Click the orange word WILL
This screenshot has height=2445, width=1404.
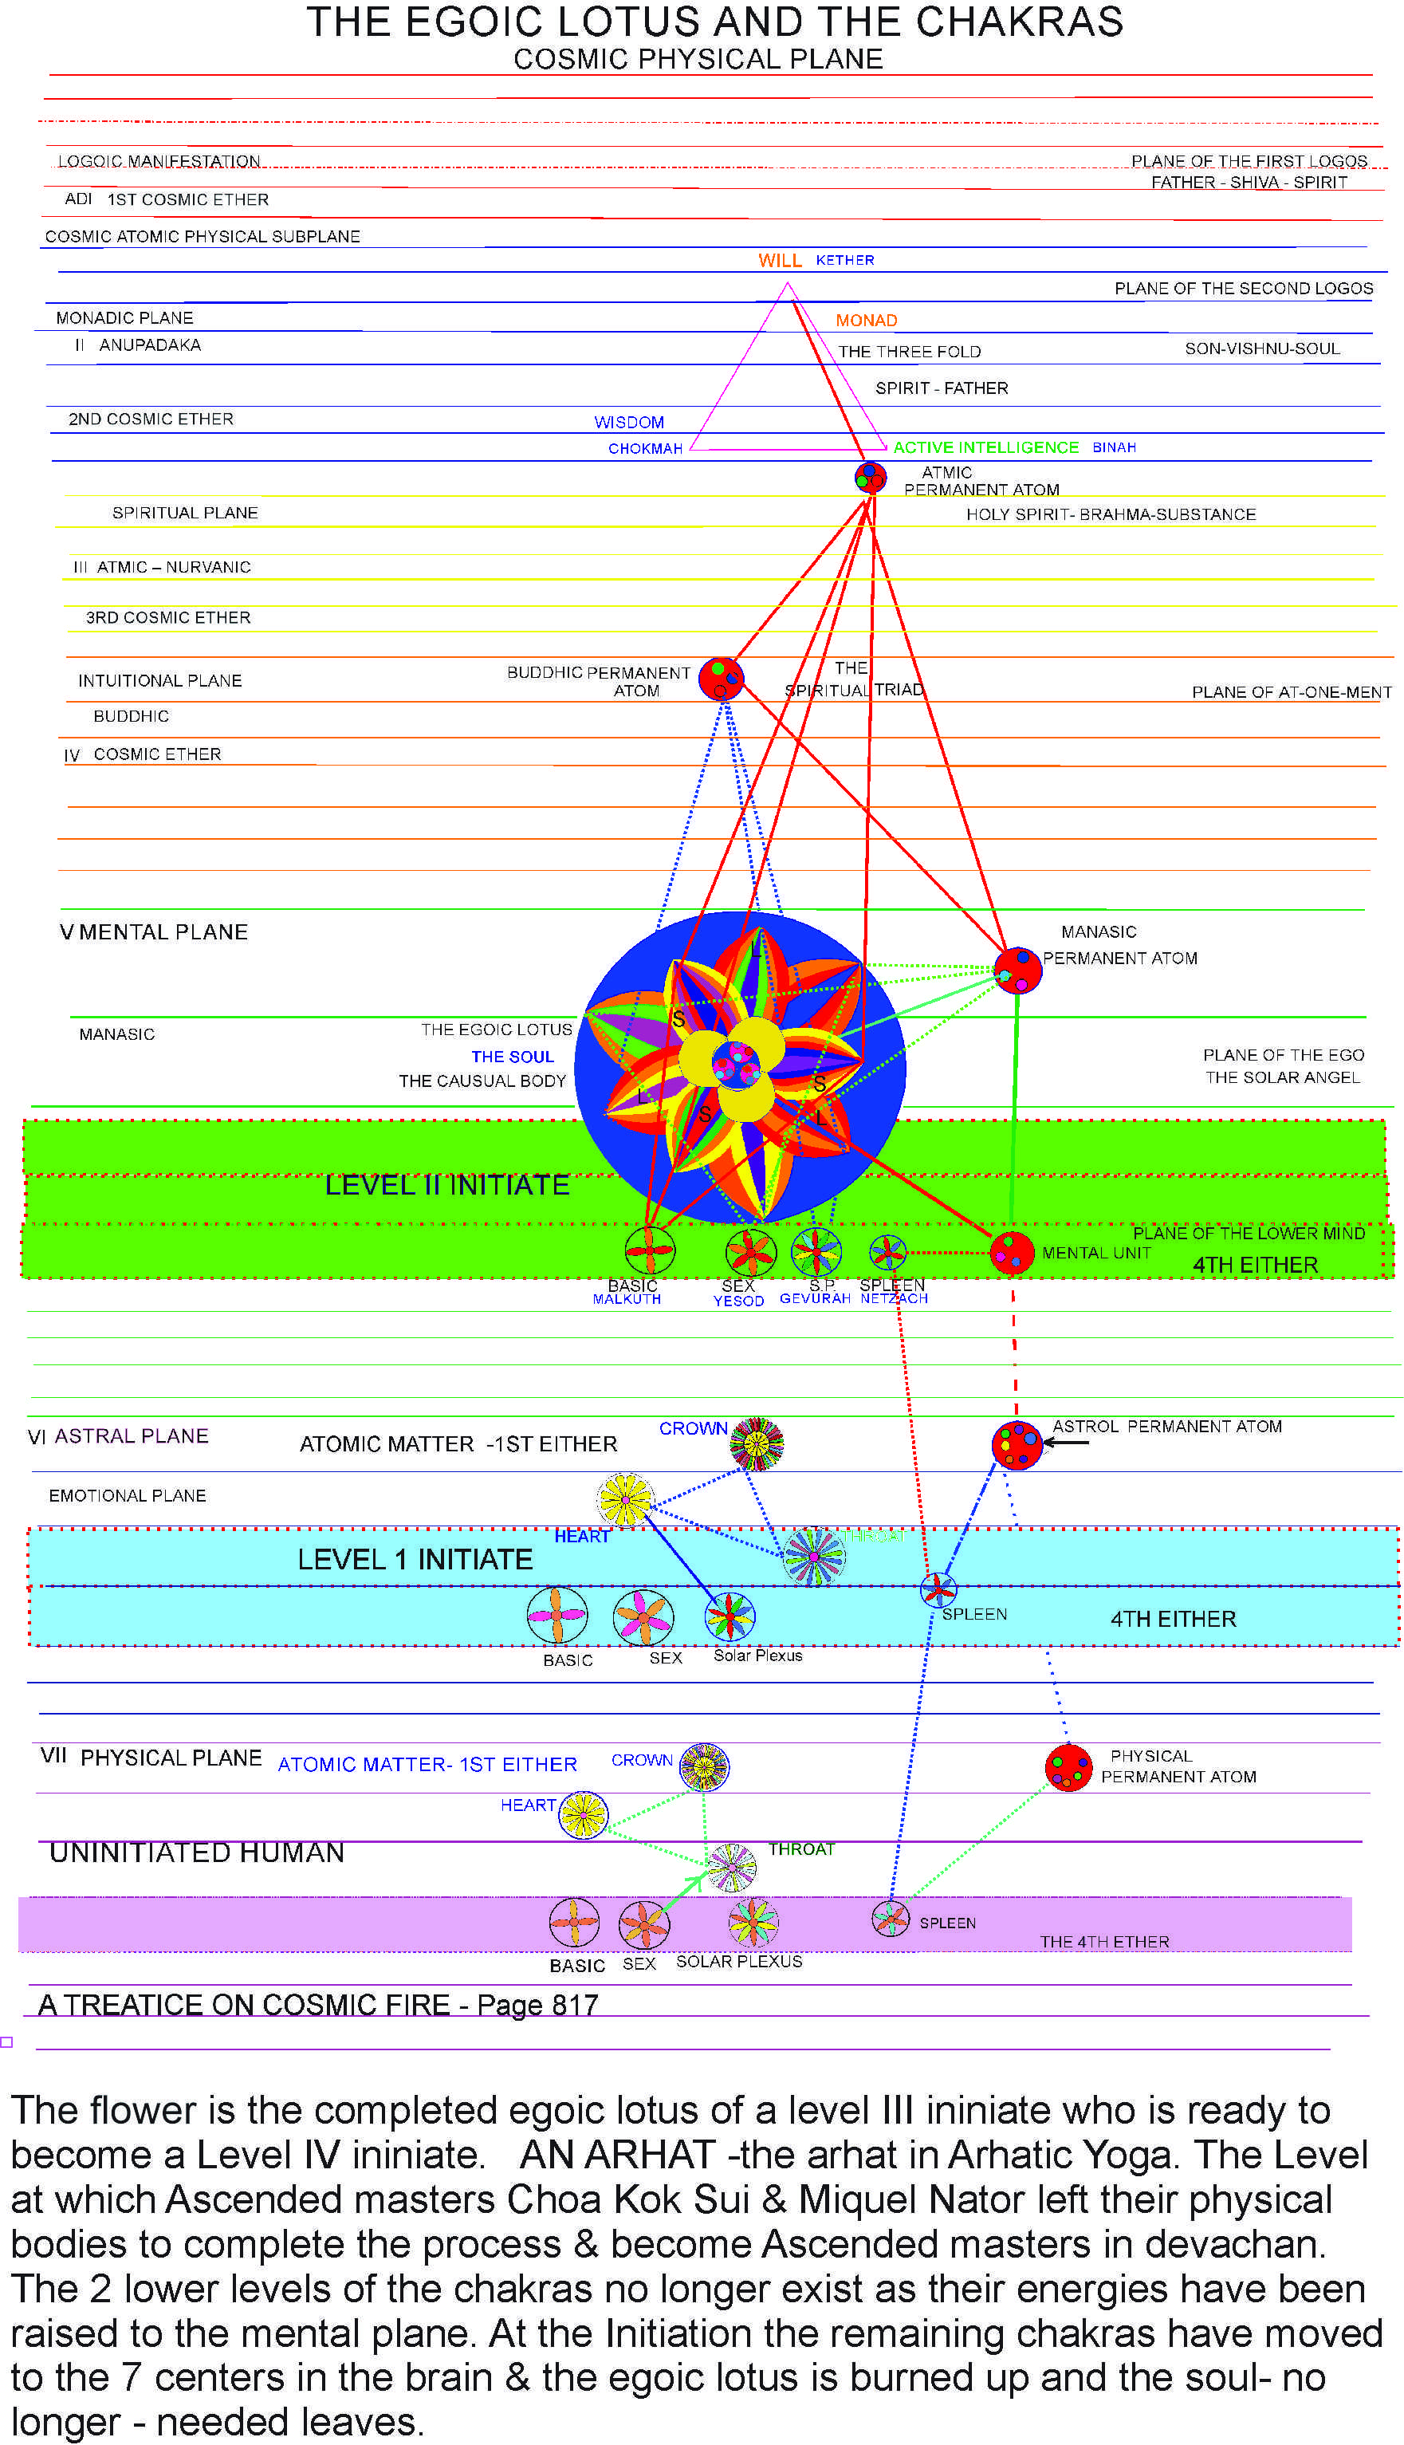(779, 261)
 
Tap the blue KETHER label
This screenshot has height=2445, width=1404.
(845, 261)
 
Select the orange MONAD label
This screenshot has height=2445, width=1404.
(866, 321)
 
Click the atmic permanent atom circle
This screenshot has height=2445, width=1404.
(871, 476)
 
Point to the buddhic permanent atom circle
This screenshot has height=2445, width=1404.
(720, 678)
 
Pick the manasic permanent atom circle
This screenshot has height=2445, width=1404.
(1017, 971)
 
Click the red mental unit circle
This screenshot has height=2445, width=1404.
(1012, 1253)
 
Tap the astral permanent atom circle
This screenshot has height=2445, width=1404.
(1017, 1445)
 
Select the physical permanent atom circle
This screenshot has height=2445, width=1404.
(1068, 1768)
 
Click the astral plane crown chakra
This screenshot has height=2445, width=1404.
(756, 1444)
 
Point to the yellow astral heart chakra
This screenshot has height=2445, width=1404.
(625, 1500)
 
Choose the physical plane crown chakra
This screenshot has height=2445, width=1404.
(704, 1767)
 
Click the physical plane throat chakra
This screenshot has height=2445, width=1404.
(732, 1868)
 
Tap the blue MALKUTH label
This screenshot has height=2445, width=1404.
(627, 1300)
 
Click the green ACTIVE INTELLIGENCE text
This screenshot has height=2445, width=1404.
(985, 447)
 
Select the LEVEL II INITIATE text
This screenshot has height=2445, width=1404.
(446, 1185)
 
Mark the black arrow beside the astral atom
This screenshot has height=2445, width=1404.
(1065, 1443)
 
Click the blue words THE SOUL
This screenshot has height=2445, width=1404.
(512, 1057)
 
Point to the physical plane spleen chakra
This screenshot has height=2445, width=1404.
(890, 1919)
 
